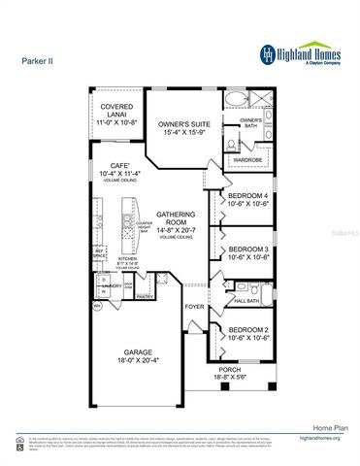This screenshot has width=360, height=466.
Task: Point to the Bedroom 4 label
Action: [x=247, y=202]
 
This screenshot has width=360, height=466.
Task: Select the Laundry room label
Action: [x=112, y=286]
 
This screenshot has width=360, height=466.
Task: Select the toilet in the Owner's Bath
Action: [x=230, y=140]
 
